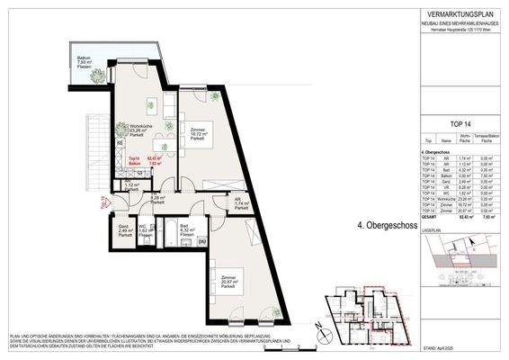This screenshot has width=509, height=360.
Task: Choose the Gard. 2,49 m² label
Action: click(x=123, y=229)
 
